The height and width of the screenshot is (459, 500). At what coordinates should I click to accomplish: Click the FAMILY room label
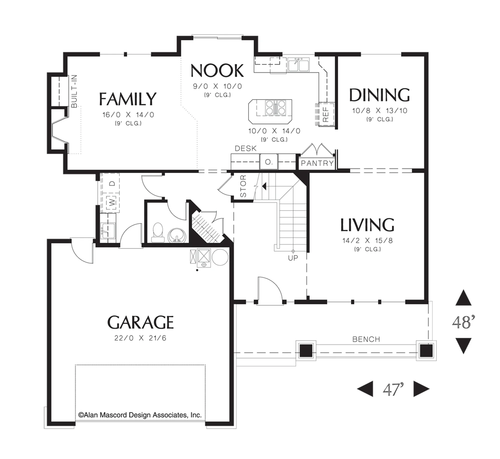(128, 99)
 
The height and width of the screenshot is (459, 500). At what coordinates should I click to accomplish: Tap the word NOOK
(217, 71)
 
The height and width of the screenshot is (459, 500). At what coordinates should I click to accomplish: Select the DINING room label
(379, 95)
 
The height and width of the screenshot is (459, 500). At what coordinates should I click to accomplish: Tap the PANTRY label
(317, 163)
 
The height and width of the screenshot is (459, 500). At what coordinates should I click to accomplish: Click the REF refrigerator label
(325, 115)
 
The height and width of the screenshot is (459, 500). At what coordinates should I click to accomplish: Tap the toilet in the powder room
(158, 233)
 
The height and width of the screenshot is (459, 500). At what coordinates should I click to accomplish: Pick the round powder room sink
(177, 235)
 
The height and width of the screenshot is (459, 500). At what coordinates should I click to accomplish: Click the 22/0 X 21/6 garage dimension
(140, 338)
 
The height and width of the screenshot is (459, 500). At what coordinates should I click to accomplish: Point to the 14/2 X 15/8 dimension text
(367, 241)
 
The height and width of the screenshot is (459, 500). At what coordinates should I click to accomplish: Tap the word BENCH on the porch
(366, 339)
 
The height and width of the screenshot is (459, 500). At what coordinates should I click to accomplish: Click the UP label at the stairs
(293, 258)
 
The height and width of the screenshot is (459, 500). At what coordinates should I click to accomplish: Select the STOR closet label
(243, 186)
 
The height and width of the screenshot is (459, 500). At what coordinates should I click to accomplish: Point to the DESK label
(246, 148)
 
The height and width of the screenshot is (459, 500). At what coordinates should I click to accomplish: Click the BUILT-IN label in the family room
(74, 91)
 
